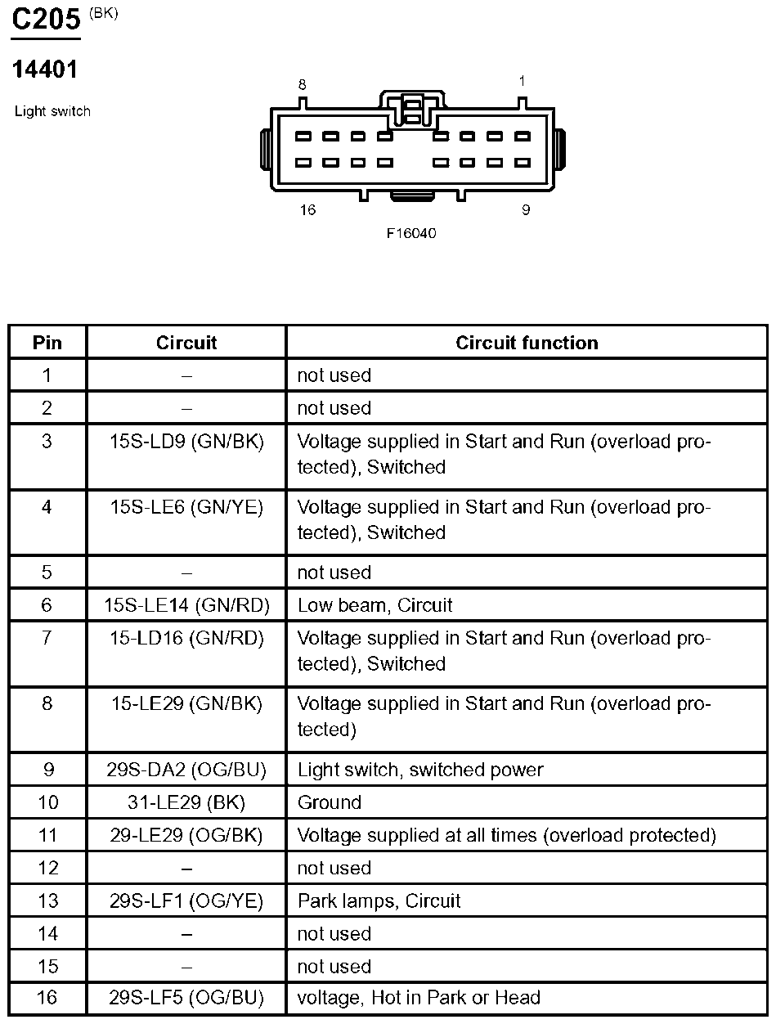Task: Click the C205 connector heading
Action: (45, 20)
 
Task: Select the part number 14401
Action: (44, 70)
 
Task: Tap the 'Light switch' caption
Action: (52, 111)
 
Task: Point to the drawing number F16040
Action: (411, 233)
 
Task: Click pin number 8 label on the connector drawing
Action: (302, 85)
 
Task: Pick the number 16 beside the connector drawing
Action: (307, 210)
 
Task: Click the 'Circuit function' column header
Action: (527, 343)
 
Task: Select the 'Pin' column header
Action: (47, 343)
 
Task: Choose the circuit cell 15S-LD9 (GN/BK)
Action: (186, 442)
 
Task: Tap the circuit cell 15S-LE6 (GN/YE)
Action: (186, 507)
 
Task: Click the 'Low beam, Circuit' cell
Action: (375, 605)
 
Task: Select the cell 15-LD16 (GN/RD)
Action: (186, 638)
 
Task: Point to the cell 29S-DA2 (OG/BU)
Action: (186, 770)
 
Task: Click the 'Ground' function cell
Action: (330, 802)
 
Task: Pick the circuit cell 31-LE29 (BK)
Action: (186, 802)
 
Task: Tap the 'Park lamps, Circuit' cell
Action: (379, 900)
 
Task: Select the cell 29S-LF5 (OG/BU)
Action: (186, 998)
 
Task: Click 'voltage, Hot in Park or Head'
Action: (419, 998)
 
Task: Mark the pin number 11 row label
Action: (47, 835)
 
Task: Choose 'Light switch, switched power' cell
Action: (420, 770)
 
